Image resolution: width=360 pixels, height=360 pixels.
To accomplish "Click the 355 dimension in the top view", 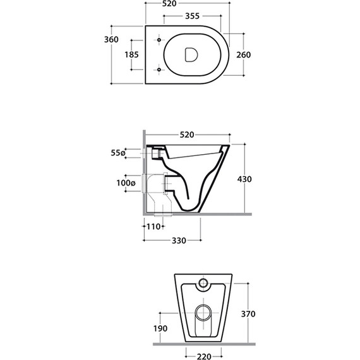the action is click(x=192, y=16).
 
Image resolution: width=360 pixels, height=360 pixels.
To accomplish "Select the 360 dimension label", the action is click(x=111, y=40).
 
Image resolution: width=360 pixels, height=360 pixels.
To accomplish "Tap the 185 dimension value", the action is click(x=131, y=55).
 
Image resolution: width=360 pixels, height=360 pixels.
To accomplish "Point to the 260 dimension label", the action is click(x=244, y=55).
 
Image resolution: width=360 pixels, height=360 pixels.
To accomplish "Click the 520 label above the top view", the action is click(x=169, y=4).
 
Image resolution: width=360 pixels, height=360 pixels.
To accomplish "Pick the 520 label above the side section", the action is click(x=187, y=135).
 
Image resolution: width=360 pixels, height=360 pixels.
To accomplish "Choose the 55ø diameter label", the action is click(x=118, y=153).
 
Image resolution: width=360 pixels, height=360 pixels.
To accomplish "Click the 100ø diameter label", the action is click(x=126, y=183).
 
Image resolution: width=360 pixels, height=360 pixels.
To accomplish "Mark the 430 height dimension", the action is click(x=244, y=179).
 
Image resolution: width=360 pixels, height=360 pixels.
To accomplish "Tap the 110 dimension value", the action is click(x=153, y=227).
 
